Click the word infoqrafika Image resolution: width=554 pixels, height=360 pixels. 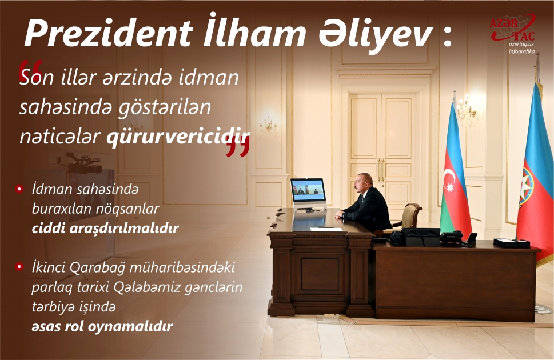click(x=521, y=51)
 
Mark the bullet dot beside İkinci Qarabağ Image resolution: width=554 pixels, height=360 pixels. click(x=19, y=267)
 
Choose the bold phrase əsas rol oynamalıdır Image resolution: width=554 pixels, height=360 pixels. click(x=102, y=327)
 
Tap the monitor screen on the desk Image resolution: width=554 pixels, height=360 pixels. click(x=308, y=190)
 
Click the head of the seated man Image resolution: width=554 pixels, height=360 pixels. click(x=364, y=182)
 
